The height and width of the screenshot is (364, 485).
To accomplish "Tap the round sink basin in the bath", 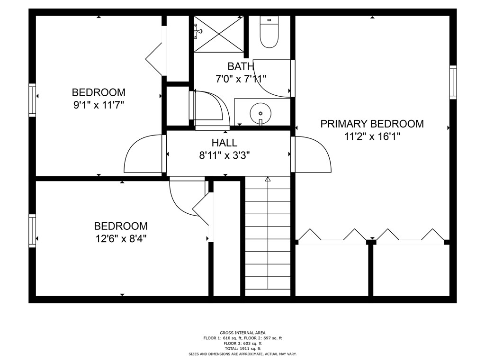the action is [260, 113].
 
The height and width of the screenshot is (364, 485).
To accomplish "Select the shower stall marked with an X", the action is [219, 34].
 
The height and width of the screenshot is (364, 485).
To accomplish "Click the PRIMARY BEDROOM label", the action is [372, 124].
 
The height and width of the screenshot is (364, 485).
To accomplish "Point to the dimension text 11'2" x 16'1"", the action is [372, 136].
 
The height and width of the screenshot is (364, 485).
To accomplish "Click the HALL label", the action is [225, 143].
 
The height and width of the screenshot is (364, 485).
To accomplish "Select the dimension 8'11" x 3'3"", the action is [225, 155].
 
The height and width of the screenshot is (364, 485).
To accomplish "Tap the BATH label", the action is [241, 66].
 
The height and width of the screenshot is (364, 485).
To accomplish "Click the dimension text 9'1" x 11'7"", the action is [99, 105].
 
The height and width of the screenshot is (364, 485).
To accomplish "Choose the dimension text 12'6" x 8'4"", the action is [121, 239].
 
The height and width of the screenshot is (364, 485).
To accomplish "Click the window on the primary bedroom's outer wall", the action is [453, 82].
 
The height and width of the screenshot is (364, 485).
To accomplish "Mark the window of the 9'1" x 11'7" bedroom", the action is [32, 100].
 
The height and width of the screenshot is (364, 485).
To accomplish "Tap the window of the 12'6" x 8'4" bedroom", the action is [32, 231].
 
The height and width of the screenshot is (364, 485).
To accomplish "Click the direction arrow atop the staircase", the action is [268, 179].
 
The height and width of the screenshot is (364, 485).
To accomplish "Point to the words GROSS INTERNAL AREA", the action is [242, 333].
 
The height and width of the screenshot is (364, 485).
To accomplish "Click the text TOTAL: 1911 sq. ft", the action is [242, 348].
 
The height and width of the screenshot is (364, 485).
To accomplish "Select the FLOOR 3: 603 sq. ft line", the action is [242, 343].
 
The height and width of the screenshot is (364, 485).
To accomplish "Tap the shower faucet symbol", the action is [198, 31].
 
